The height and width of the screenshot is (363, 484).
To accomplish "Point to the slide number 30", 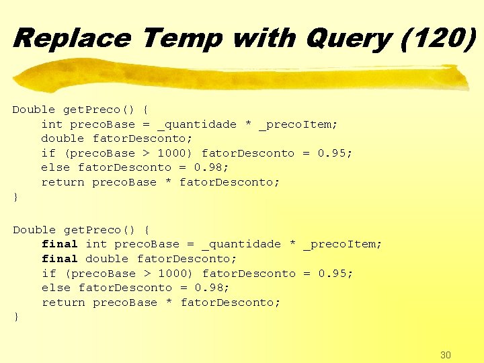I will (445, 355).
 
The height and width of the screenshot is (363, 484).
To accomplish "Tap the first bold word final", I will (60, 244).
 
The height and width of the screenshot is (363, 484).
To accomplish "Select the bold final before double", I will (60, 259).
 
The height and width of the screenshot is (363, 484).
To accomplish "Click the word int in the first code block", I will (52, 124).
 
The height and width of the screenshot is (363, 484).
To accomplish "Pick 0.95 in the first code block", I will (334, 153).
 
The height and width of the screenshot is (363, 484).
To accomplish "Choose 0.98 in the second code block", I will (212, 288).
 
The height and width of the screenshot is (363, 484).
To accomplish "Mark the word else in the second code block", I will (56, 288).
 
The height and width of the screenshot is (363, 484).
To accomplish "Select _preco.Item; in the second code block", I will (342, 245).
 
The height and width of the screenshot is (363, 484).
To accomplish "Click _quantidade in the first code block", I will (197, 124).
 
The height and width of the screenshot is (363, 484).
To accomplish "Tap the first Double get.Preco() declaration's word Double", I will (34, 110).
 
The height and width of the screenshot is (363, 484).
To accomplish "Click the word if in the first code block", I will (48, 153).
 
